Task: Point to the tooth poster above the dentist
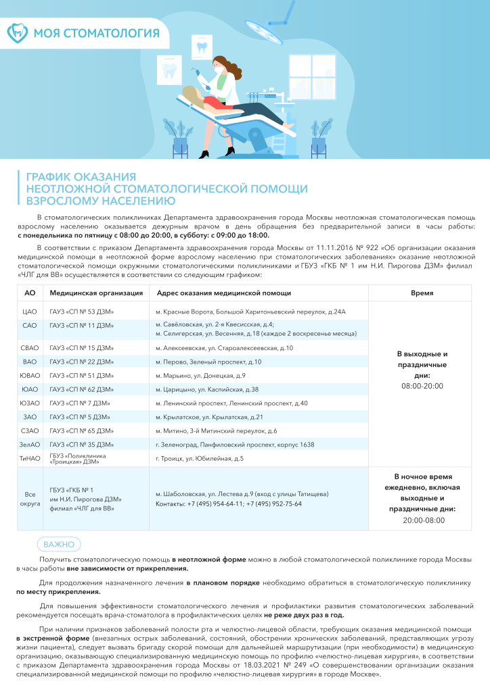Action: (x=200, y=47)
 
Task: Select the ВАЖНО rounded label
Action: (x=59, y=544)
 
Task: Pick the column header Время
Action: (x=422, y=293)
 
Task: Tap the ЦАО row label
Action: (x=30, y=312)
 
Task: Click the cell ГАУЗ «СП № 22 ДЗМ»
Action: (x=81, y=362)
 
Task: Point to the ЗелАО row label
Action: (x=30, y=445)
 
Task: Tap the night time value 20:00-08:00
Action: (x=422, y=520)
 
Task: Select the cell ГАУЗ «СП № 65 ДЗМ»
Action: (x=81, y=430)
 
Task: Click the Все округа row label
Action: (x=30, y=499)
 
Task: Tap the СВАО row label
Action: (x=30, y=348)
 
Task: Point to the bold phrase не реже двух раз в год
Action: (x=304, y=615)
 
